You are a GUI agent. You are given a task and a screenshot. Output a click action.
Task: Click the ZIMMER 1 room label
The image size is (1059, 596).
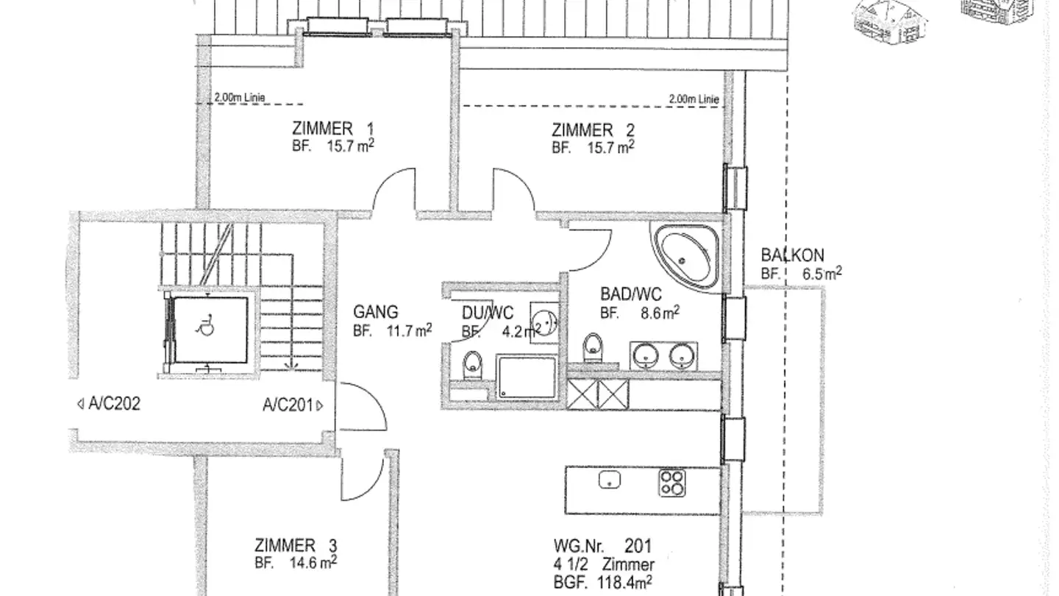tap(333, 129)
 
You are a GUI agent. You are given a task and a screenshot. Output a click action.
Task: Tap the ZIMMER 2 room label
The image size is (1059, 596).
tap(593, 130)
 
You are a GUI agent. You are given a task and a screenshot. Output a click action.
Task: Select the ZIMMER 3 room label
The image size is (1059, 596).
tap(296, 545)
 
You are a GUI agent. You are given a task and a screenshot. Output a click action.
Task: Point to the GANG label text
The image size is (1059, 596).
tap(376, 312)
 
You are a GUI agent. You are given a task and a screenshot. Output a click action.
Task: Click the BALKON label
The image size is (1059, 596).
tap(792, 255)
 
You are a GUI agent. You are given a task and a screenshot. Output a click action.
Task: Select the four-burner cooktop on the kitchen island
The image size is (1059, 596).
tap(672, 483)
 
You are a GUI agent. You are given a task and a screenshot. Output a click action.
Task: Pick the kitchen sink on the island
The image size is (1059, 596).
tap(610, 480)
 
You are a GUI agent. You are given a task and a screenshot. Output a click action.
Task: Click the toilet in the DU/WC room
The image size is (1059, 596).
tap(472, 365)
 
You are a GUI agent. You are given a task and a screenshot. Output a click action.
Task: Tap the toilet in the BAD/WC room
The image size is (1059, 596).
tap(593, 347)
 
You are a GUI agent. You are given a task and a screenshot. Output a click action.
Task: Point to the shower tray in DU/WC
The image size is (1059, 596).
tap(527, 377)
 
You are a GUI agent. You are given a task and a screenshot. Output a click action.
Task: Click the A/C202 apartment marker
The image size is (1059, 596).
tap(109, 404)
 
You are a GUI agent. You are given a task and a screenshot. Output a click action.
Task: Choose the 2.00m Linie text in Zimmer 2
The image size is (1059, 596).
tap(693, 99)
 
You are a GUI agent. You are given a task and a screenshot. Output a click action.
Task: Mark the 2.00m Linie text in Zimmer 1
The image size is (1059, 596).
tap(240, 97)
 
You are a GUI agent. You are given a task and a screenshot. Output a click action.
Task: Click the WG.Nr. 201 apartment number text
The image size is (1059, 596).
tap(603, 546)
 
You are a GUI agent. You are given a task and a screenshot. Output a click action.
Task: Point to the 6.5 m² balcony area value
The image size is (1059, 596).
tap(822, 274)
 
